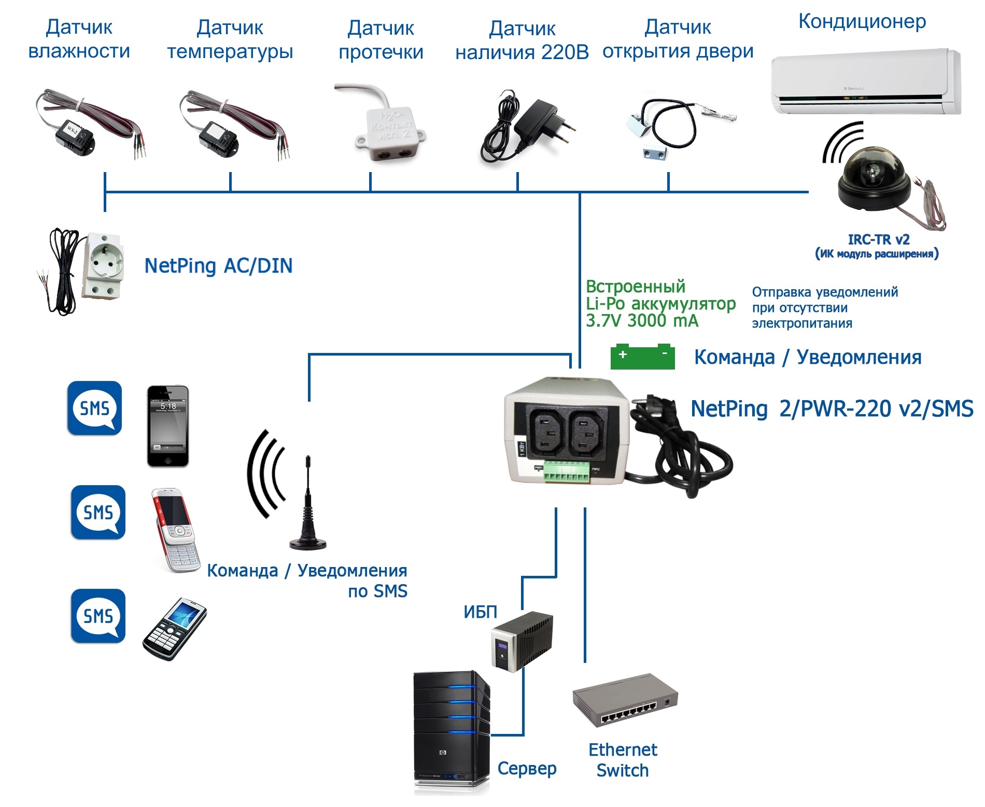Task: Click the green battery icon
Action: pos(642,357)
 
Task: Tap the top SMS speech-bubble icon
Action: pos(94,408)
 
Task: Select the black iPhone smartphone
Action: pos(168,426)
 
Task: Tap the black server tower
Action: pos(451,731)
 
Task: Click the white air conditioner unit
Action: pos(865,81)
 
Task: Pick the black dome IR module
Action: pos(874,179)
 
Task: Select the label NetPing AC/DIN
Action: pos(218,265)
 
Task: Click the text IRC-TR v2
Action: pos(878,239)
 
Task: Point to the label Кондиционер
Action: pos(862,21)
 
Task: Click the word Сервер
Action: pos(527,768)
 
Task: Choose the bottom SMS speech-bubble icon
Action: pos(98,616)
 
